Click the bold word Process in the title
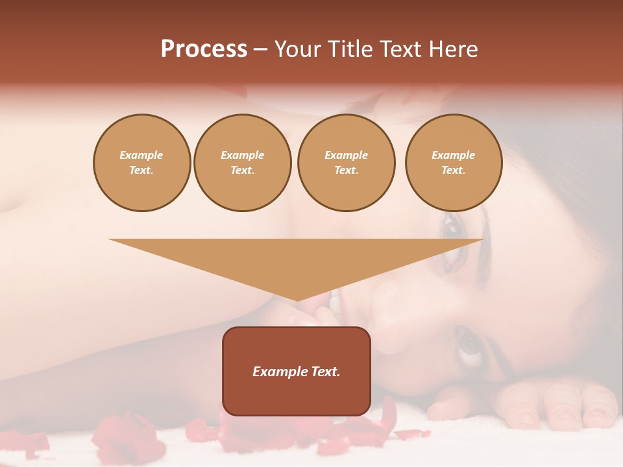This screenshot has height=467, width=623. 204,49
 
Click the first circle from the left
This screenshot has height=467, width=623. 141,163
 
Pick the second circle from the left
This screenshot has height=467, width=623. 242,163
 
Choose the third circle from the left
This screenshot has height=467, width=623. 346,163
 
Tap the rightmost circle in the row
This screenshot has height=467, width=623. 454,163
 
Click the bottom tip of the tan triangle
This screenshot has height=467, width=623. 297,300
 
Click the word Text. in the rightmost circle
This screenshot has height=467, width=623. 454,171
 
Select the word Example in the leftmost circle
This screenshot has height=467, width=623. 141,155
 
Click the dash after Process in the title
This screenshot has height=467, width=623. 261,50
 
